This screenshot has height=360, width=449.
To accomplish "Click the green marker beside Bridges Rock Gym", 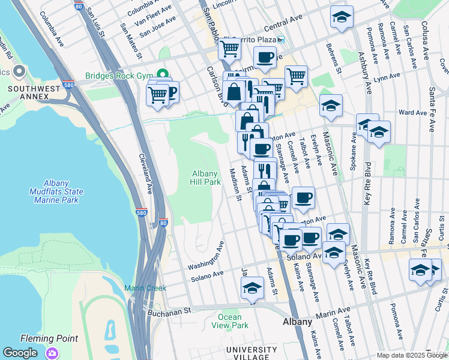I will click(161, 75).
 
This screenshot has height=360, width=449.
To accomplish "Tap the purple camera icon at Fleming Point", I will click(53, 353).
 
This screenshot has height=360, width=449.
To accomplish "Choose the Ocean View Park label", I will click(230, 321).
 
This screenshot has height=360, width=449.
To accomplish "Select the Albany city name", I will click(297, 322).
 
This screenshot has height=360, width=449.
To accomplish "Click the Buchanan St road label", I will click(169, 311).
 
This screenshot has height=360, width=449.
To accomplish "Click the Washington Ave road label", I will click(205, 256).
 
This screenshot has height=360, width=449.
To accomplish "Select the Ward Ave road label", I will click(412, 112).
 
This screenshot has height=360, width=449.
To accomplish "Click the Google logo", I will click(20, 353).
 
